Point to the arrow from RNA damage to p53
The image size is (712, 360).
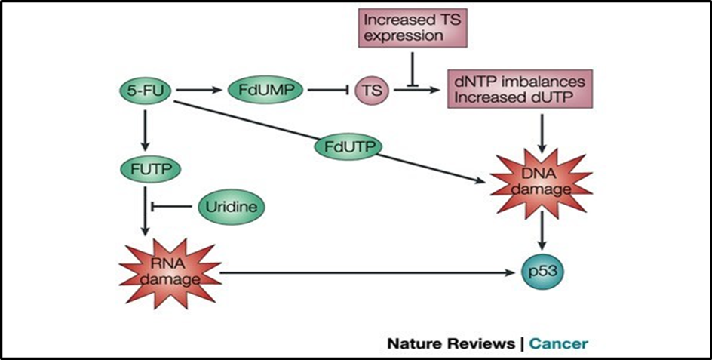362,272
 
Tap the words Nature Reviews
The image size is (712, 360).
450,343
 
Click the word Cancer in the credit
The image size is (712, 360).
558,343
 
